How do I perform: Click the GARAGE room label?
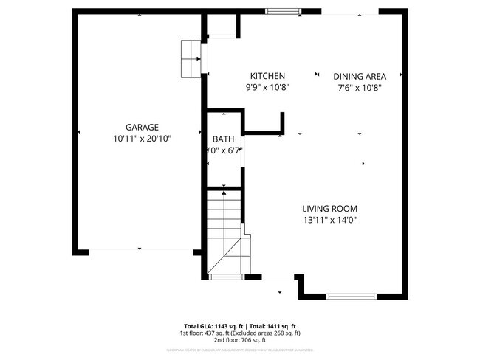click(x=141, y=127)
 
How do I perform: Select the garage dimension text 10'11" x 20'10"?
click(x=141, y=138)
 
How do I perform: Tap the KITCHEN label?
click(x=267, y=76)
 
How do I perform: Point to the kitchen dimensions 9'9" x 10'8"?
click(x=267, y=87)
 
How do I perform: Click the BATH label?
click(x=223, y=139)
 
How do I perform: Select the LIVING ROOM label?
click(x=329, y=208)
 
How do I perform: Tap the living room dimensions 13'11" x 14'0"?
click(x=329, y=219)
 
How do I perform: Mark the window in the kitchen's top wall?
click(x=284, y=11)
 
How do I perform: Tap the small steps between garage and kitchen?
click(x=191, y=57)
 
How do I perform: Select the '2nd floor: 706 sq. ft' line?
click(x=240, y=341)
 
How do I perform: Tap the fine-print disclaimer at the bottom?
click(x=240, y=349)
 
